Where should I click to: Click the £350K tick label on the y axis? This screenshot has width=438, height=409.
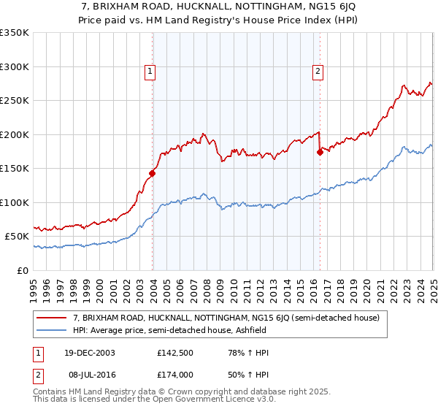point(14,33)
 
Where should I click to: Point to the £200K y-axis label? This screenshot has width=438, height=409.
point(14,134)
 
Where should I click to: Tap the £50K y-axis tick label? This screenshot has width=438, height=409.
point(17,237)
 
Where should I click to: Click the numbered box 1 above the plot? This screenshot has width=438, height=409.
point(150,71)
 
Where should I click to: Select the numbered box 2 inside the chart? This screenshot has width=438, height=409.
point(318,71)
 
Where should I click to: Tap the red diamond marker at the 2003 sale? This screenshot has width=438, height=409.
point(153,174)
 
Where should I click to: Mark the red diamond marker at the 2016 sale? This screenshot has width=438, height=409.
point(320,152)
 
